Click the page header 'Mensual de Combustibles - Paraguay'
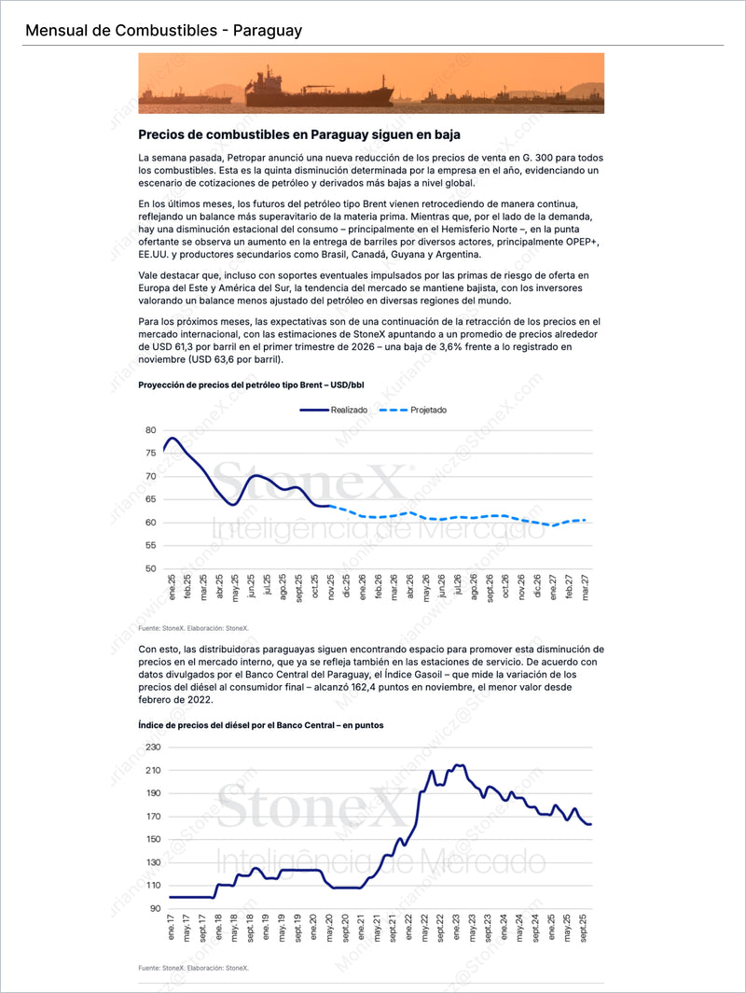(163, 31)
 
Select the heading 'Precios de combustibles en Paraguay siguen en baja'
(298, 134)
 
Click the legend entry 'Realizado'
(348, 409)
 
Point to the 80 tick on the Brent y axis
(151, 430)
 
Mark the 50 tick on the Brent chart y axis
(151, 568)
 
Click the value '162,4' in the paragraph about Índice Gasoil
(432, 687)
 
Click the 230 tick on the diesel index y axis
(153, 748)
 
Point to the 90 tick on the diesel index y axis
(156, 908)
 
